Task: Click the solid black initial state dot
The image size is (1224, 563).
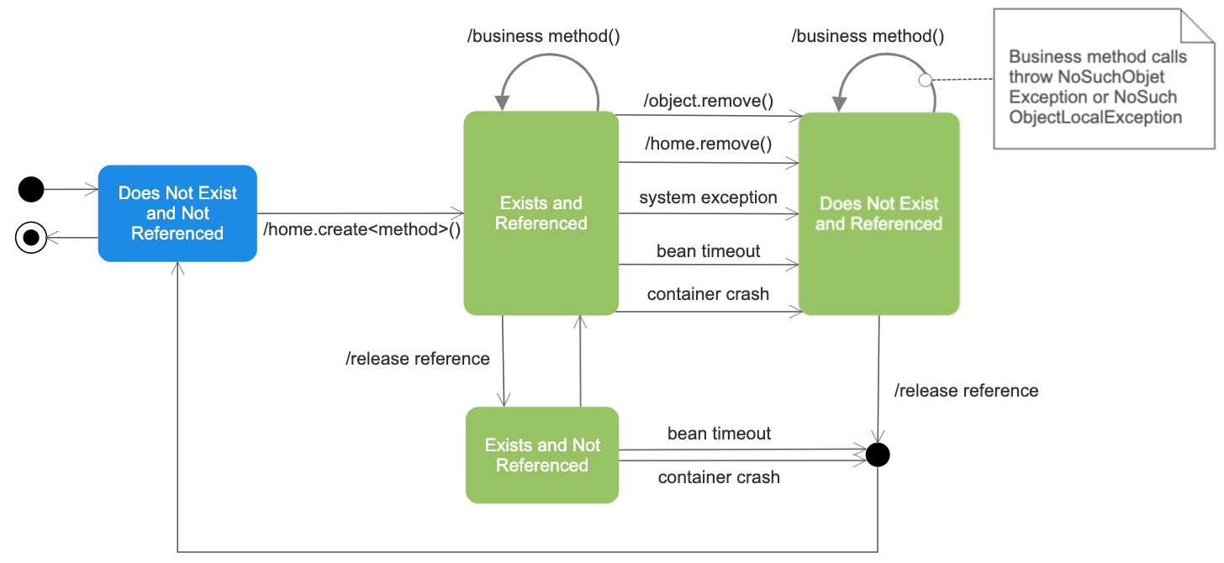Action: [31, 190]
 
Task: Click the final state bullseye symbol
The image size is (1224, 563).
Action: [31, 239]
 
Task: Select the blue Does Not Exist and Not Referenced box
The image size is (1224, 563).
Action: [177, 213]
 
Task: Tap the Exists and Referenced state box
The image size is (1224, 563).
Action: [541, 213]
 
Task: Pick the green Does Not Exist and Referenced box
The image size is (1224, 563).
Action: [878, 213]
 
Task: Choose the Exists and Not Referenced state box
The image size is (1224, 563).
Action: [542, 455]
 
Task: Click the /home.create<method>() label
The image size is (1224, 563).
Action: [362, 229]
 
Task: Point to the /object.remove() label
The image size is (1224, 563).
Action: [708, 102]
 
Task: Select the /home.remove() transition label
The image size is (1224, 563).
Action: [708, 145]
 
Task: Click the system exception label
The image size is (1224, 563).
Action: [708, 197]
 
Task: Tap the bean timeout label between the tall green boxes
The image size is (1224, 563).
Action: [708, 251]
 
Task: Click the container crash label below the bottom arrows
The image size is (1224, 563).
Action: [719, 477]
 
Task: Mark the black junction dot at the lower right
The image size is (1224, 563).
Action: [878, 455]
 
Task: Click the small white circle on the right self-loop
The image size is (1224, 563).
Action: [925, 81]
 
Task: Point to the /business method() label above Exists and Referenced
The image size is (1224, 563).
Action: [543, 36]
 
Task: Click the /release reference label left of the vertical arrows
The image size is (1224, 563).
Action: [417, 359]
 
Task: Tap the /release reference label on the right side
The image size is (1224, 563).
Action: [966, 391]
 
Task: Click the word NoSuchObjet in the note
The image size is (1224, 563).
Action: [1117, 77]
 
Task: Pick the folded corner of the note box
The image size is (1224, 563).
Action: [1195, 24]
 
